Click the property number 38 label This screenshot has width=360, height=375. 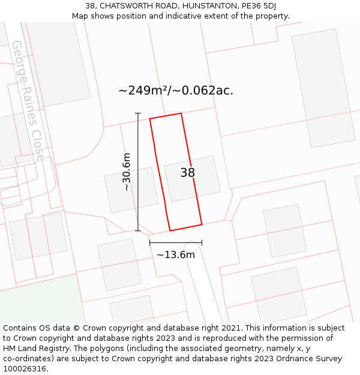pos(188,173)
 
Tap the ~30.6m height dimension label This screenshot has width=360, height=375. pos(126,172)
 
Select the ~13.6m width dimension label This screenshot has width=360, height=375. pos(176,254)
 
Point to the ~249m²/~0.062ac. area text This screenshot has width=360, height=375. pos(176,91)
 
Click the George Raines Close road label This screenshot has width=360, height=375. pos(28,101)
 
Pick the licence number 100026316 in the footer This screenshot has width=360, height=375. pos(25,368)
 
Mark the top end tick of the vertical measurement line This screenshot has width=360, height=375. pos(138,113)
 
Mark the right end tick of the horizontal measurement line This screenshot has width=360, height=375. pos(202,242)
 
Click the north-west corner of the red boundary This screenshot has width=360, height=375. pos(150,118)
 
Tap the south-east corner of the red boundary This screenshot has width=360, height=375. pos(202,224)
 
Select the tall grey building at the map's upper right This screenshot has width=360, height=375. pos(323,88)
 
